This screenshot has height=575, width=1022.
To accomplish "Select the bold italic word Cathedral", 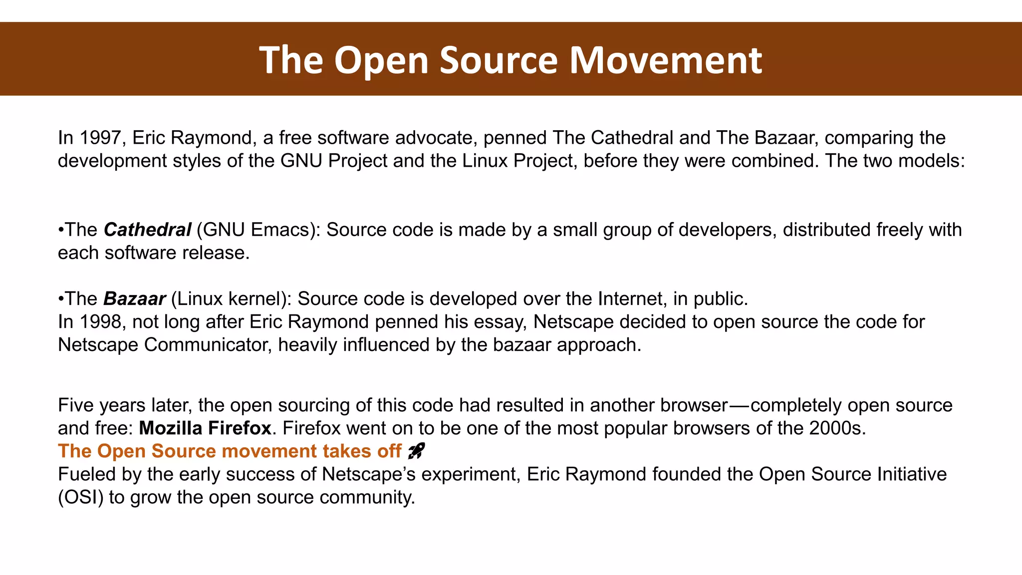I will point(147,230).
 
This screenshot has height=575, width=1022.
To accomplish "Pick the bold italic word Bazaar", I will point(134,298).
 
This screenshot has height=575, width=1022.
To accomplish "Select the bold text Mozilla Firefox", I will point(205,428).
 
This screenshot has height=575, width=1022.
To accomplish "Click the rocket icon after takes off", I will point(416,451).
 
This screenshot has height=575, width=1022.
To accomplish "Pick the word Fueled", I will point(86,474).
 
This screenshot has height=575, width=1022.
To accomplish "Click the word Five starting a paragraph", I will point(76,405).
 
